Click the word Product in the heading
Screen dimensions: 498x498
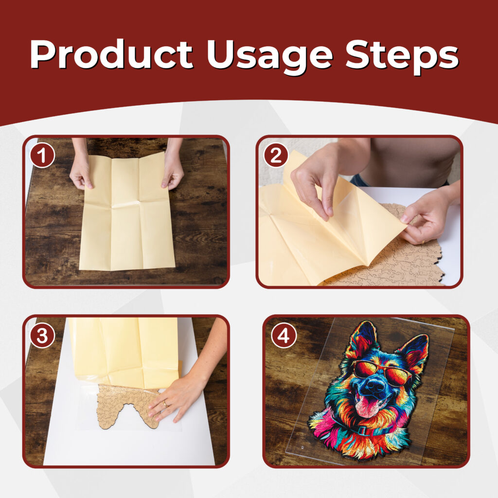point(111,54)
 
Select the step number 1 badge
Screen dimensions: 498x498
point(42,156)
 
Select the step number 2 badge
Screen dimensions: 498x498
point(276,156)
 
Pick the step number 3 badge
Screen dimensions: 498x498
point(42,336)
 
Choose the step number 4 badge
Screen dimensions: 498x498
point(284,336)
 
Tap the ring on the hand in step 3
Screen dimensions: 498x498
point(165,404)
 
